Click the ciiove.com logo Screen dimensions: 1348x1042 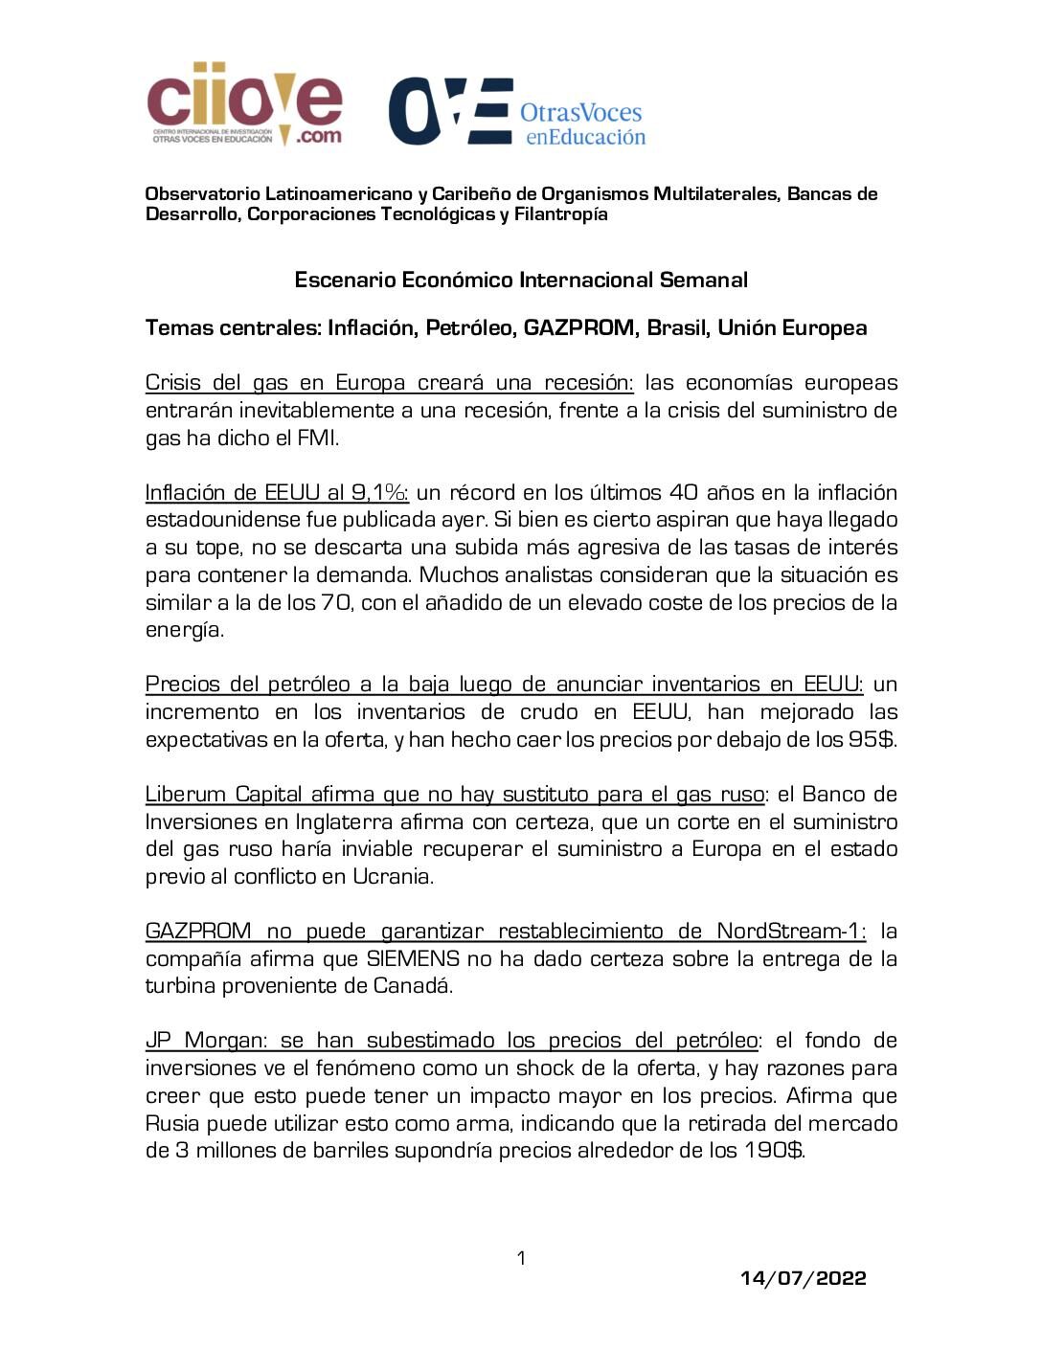[244, 103]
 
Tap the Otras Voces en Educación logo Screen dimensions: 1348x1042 [517, 112]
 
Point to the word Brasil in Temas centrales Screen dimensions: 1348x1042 [676, 328]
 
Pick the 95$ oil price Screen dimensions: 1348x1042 [872, 740]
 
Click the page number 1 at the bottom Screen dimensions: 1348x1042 [521, 1258]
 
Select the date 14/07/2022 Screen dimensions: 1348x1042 [804, 1279]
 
